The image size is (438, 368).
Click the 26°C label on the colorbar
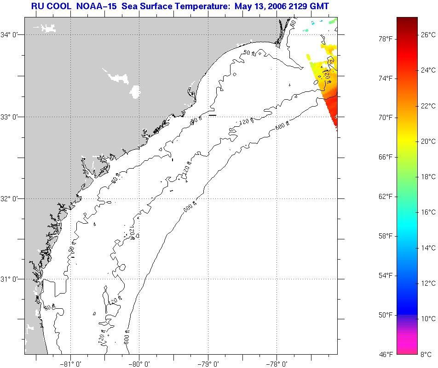point(428,34)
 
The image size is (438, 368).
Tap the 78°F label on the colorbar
point(385,39)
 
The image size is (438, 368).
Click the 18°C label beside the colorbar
point(428,177)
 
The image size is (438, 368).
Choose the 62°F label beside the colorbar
point(385,197)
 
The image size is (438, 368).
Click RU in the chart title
point(37,6)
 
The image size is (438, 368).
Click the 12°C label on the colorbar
point(428,283)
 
